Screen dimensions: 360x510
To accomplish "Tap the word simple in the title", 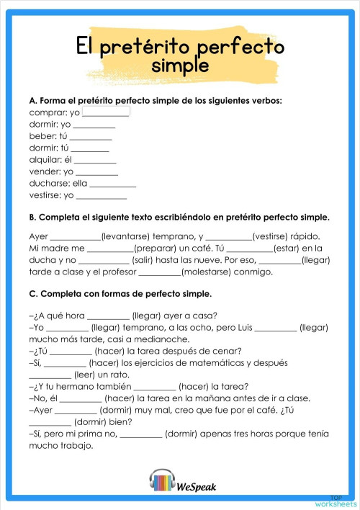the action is click(x=181, y=66).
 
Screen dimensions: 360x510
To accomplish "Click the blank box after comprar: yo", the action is click(x=107, y=112).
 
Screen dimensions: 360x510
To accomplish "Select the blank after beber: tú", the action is click(x=91, y=136).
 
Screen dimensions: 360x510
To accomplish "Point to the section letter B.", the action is click(x=32, y=217).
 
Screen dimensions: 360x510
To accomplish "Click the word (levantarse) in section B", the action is click(x=126, y=236).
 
